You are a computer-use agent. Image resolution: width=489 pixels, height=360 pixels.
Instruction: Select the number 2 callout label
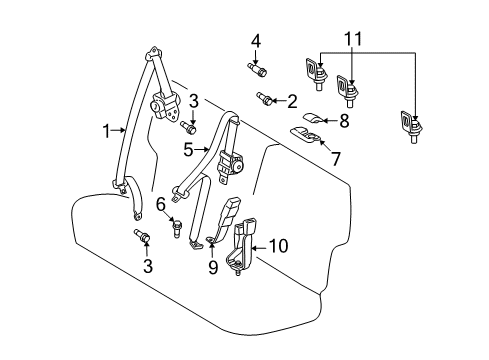[292, 100]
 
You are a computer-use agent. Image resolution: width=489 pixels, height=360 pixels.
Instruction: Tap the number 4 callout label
[256, 41]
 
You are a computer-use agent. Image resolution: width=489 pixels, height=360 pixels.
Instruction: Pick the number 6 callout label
[160, 205]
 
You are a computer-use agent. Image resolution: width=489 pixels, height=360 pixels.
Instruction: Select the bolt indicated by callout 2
[268, 98]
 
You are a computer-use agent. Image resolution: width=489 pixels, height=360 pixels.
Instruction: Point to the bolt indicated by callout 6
[176, 229]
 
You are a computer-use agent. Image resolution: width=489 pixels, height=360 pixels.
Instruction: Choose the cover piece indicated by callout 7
[306, 132]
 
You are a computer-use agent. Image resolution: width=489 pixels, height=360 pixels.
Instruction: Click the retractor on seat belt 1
[162, 104]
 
